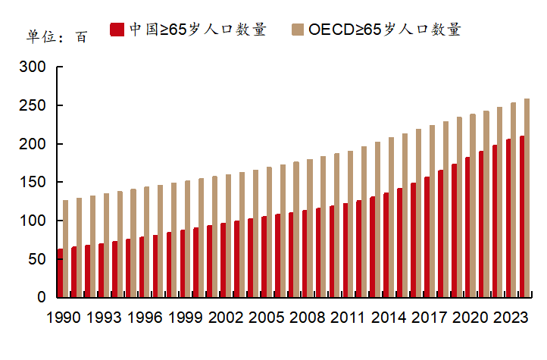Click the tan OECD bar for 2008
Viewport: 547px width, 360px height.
(309, 228)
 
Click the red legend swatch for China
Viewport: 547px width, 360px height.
(117, 30)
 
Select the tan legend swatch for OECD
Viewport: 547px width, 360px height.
(297, 30)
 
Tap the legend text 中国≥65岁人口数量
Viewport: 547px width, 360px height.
(198, 30)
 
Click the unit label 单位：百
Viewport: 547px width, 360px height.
(57, 36)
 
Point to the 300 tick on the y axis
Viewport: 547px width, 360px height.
(35, 67)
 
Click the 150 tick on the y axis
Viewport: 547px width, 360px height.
(35, 183)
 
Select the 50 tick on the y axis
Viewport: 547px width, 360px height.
(38, 259)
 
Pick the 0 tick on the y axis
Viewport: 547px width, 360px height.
(42, 298)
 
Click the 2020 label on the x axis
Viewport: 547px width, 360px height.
(470, 318)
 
